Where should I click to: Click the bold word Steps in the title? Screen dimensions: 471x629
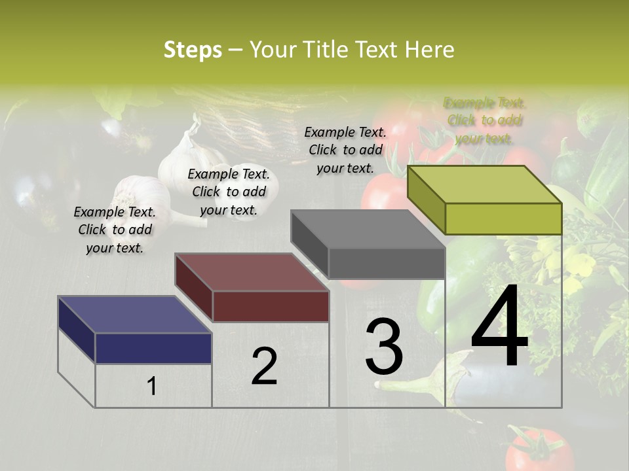(x=193, y=50)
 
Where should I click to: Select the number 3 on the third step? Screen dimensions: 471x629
(x=384, y=347)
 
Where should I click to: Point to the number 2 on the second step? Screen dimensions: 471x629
(x=264, y=366)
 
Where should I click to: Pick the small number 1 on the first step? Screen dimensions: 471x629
(x=151, y=387)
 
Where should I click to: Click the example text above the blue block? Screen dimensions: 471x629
(x=115, y=230)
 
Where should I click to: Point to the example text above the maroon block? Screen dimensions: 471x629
(x=229, y=192)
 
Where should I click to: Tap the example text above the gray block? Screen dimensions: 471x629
(x=345, y=150)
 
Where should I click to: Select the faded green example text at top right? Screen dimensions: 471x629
(x=485, y=120)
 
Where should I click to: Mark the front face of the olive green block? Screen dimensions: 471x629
(x=503, y=218)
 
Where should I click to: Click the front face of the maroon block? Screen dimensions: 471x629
(x=271, y=306)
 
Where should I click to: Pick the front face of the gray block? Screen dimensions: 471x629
(x=387, y=263)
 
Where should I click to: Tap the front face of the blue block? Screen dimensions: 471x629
(x=153, y=348)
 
